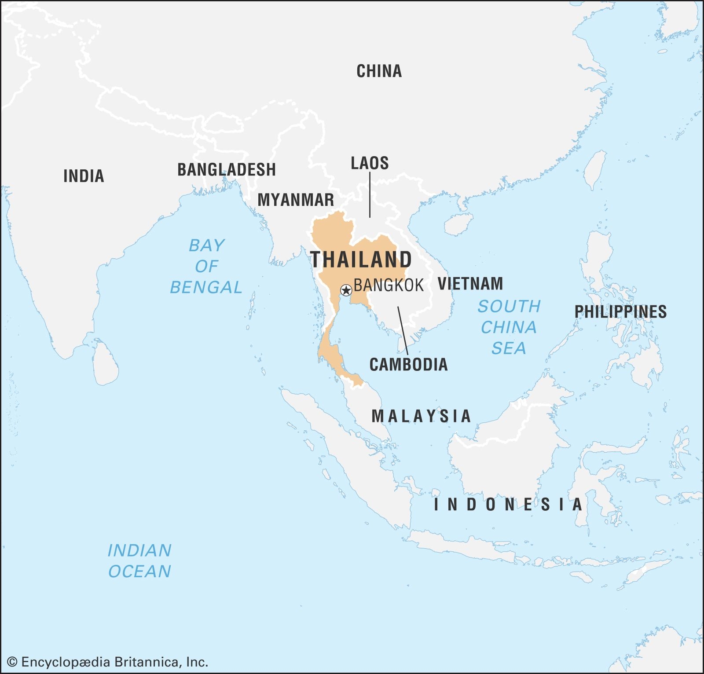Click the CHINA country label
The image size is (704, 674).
(379, 71)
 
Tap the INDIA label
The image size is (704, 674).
(84, 176)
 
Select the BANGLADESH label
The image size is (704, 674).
(227, 169)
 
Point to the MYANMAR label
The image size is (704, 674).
(296, 200)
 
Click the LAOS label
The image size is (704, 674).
(370, 163)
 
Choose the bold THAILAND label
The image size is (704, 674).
(361, 260)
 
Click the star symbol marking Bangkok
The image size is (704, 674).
(346, 290)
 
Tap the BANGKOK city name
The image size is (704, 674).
(389, 286)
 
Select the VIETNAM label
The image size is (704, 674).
(470, 284)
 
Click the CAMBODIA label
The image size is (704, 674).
(408, 364)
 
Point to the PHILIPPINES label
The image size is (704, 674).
(620, 312)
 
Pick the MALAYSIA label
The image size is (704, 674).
(421, 416)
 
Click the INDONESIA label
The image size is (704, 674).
(508, 505)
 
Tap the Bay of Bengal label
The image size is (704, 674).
(206, 266)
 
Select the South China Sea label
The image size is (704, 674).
(509, 327)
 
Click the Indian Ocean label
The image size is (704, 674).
(139, 560)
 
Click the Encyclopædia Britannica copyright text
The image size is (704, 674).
(108, 662)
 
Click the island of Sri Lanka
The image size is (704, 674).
(106, 363)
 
